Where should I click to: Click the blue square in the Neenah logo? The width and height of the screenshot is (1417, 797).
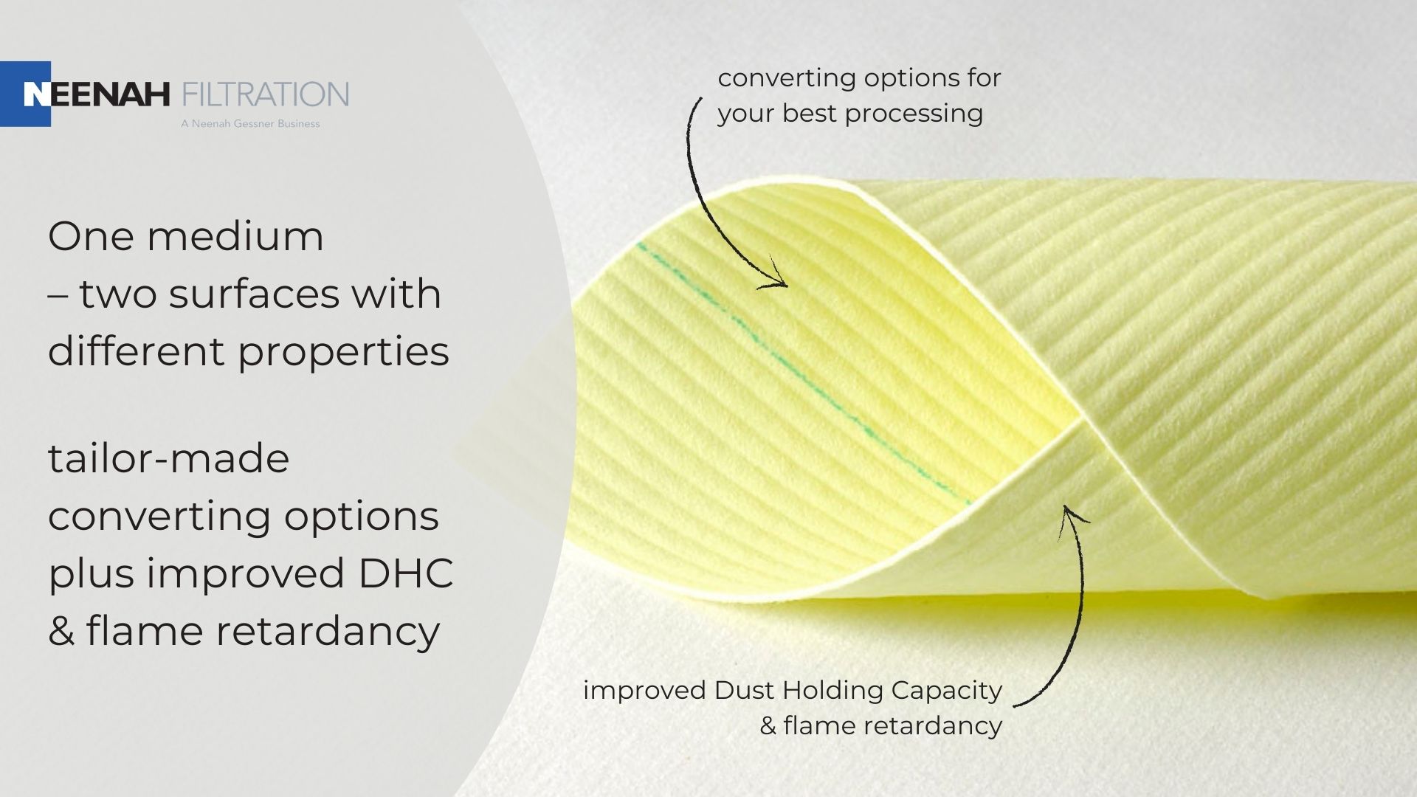[25, 94]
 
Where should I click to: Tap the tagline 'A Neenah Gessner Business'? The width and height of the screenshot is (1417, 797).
[250, 124]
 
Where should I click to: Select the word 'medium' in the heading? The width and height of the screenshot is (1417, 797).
[235, 236]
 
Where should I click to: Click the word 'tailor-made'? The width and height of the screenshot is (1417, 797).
[169, 458]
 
